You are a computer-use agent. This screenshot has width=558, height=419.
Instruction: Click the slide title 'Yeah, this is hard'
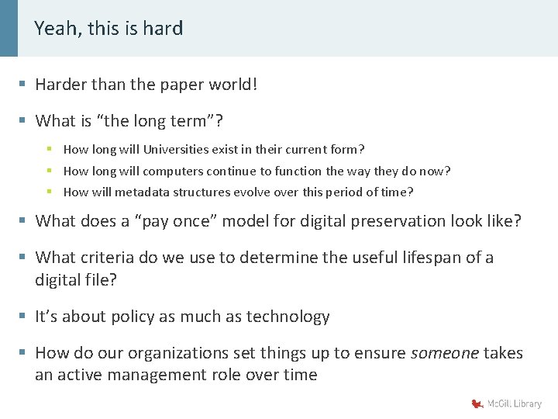click(x=108, y=29)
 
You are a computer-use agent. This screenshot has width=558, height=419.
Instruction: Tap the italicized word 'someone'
click(x=444, y=354)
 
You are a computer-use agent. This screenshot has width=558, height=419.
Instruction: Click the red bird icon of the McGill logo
click(x=477, y=403)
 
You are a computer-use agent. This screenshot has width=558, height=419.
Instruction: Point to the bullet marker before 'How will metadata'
click(x=50, y=192)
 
